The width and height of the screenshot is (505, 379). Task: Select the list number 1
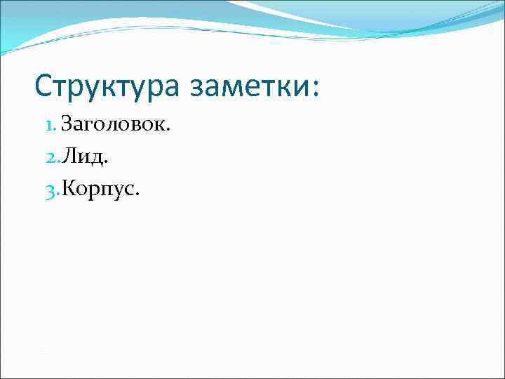(48, 126)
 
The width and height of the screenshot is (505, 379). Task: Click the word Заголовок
(114, 126)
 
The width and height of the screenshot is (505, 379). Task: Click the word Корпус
(100, 189)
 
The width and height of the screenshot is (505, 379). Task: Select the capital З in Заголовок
(67, 126)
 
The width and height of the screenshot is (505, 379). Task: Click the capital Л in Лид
(69, 157)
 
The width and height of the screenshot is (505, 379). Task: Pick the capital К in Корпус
(69, 189)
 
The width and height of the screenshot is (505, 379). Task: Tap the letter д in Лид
(97, 159)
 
